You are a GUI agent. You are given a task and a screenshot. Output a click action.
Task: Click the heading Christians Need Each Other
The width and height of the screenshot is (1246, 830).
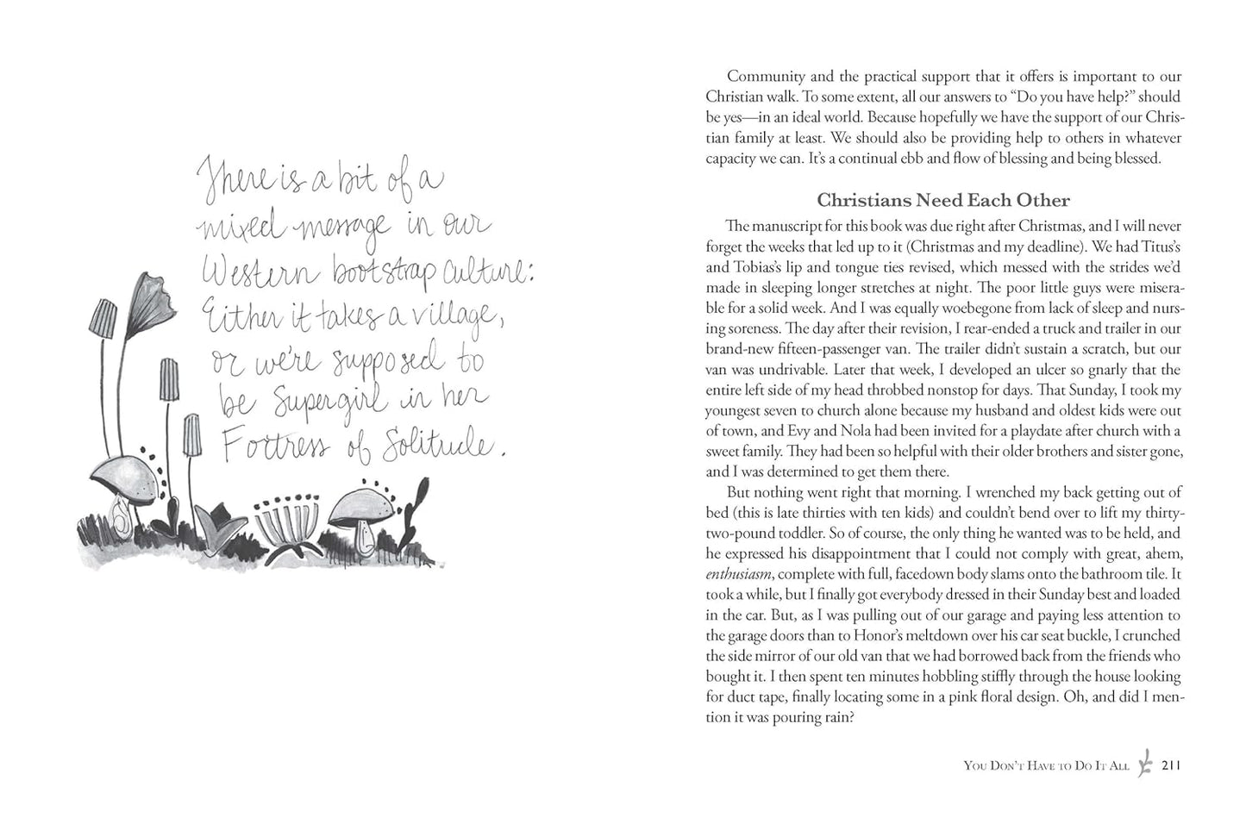943,200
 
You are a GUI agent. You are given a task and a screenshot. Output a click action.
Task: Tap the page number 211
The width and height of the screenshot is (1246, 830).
1170,764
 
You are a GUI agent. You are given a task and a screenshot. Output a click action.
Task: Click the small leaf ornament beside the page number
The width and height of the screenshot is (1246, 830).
1145,764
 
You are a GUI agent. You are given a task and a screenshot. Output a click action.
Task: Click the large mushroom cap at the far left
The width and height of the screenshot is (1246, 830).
123,471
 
